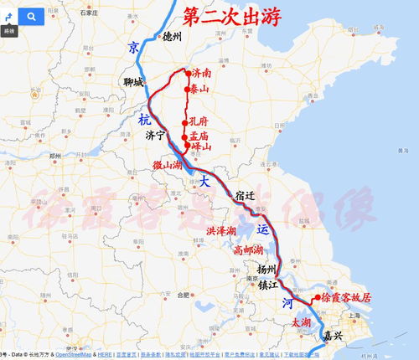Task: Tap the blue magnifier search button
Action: coord(31,16)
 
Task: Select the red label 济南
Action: coord(201,74)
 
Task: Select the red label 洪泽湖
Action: coord(222,230)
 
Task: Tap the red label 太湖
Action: coord(302,321)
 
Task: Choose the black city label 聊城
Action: coord(134,82)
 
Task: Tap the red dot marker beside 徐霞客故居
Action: coord(314,297)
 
